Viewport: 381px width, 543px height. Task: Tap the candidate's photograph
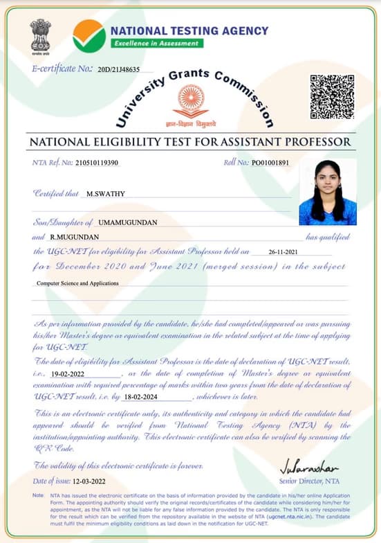click(x=328, y=192)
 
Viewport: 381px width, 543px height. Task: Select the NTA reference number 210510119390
click(x=96, y=163)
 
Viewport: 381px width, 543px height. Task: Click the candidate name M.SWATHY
click(x=106, y=194)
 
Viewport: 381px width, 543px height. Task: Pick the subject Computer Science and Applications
click(x=77, y=283)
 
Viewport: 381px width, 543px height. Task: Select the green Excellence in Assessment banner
click(x=156, y=43)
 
